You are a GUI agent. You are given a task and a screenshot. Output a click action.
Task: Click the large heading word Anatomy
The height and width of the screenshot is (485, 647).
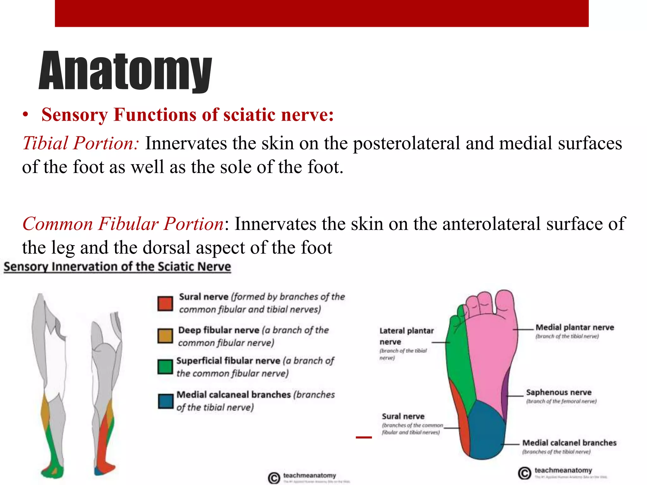point(125,71)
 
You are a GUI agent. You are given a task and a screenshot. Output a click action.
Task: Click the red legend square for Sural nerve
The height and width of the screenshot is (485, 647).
point(165,303)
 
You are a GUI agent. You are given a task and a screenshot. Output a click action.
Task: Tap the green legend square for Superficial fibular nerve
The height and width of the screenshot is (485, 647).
point(165,367)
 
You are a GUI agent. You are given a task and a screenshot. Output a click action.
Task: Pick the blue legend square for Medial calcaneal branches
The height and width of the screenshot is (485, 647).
point(166,401)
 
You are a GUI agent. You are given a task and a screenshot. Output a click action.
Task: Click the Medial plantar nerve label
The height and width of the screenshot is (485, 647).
point(574,327)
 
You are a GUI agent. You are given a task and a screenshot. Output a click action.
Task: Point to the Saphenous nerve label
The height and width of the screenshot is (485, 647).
point(559,392)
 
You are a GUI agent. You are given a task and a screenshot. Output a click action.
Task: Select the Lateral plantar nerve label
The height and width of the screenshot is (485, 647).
point(406,336)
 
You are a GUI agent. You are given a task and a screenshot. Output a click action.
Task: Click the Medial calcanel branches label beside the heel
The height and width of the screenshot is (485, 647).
point(569,443)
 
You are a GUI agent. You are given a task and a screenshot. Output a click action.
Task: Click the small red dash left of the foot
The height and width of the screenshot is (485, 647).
point(364,437)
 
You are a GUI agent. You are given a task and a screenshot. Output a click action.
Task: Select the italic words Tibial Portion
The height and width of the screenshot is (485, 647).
point(81,143)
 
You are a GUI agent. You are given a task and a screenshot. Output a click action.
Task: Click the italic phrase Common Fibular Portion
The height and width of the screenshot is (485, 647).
point(123,224)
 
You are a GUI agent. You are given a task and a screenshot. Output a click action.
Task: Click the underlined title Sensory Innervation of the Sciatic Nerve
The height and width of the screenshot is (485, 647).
point(117,267)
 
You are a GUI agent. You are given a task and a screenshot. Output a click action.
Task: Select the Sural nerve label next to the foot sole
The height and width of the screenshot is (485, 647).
point(403,416)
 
